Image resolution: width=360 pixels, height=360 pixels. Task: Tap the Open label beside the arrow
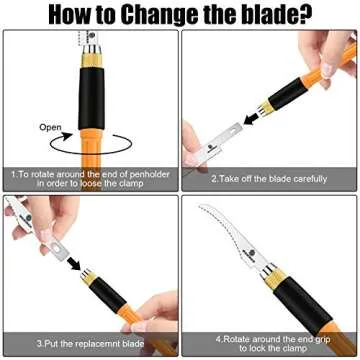coord(50,128)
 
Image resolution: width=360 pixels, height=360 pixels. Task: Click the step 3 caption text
coord(90,345)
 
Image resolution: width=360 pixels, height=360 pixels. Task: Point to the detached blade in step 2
coord(215,150)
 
